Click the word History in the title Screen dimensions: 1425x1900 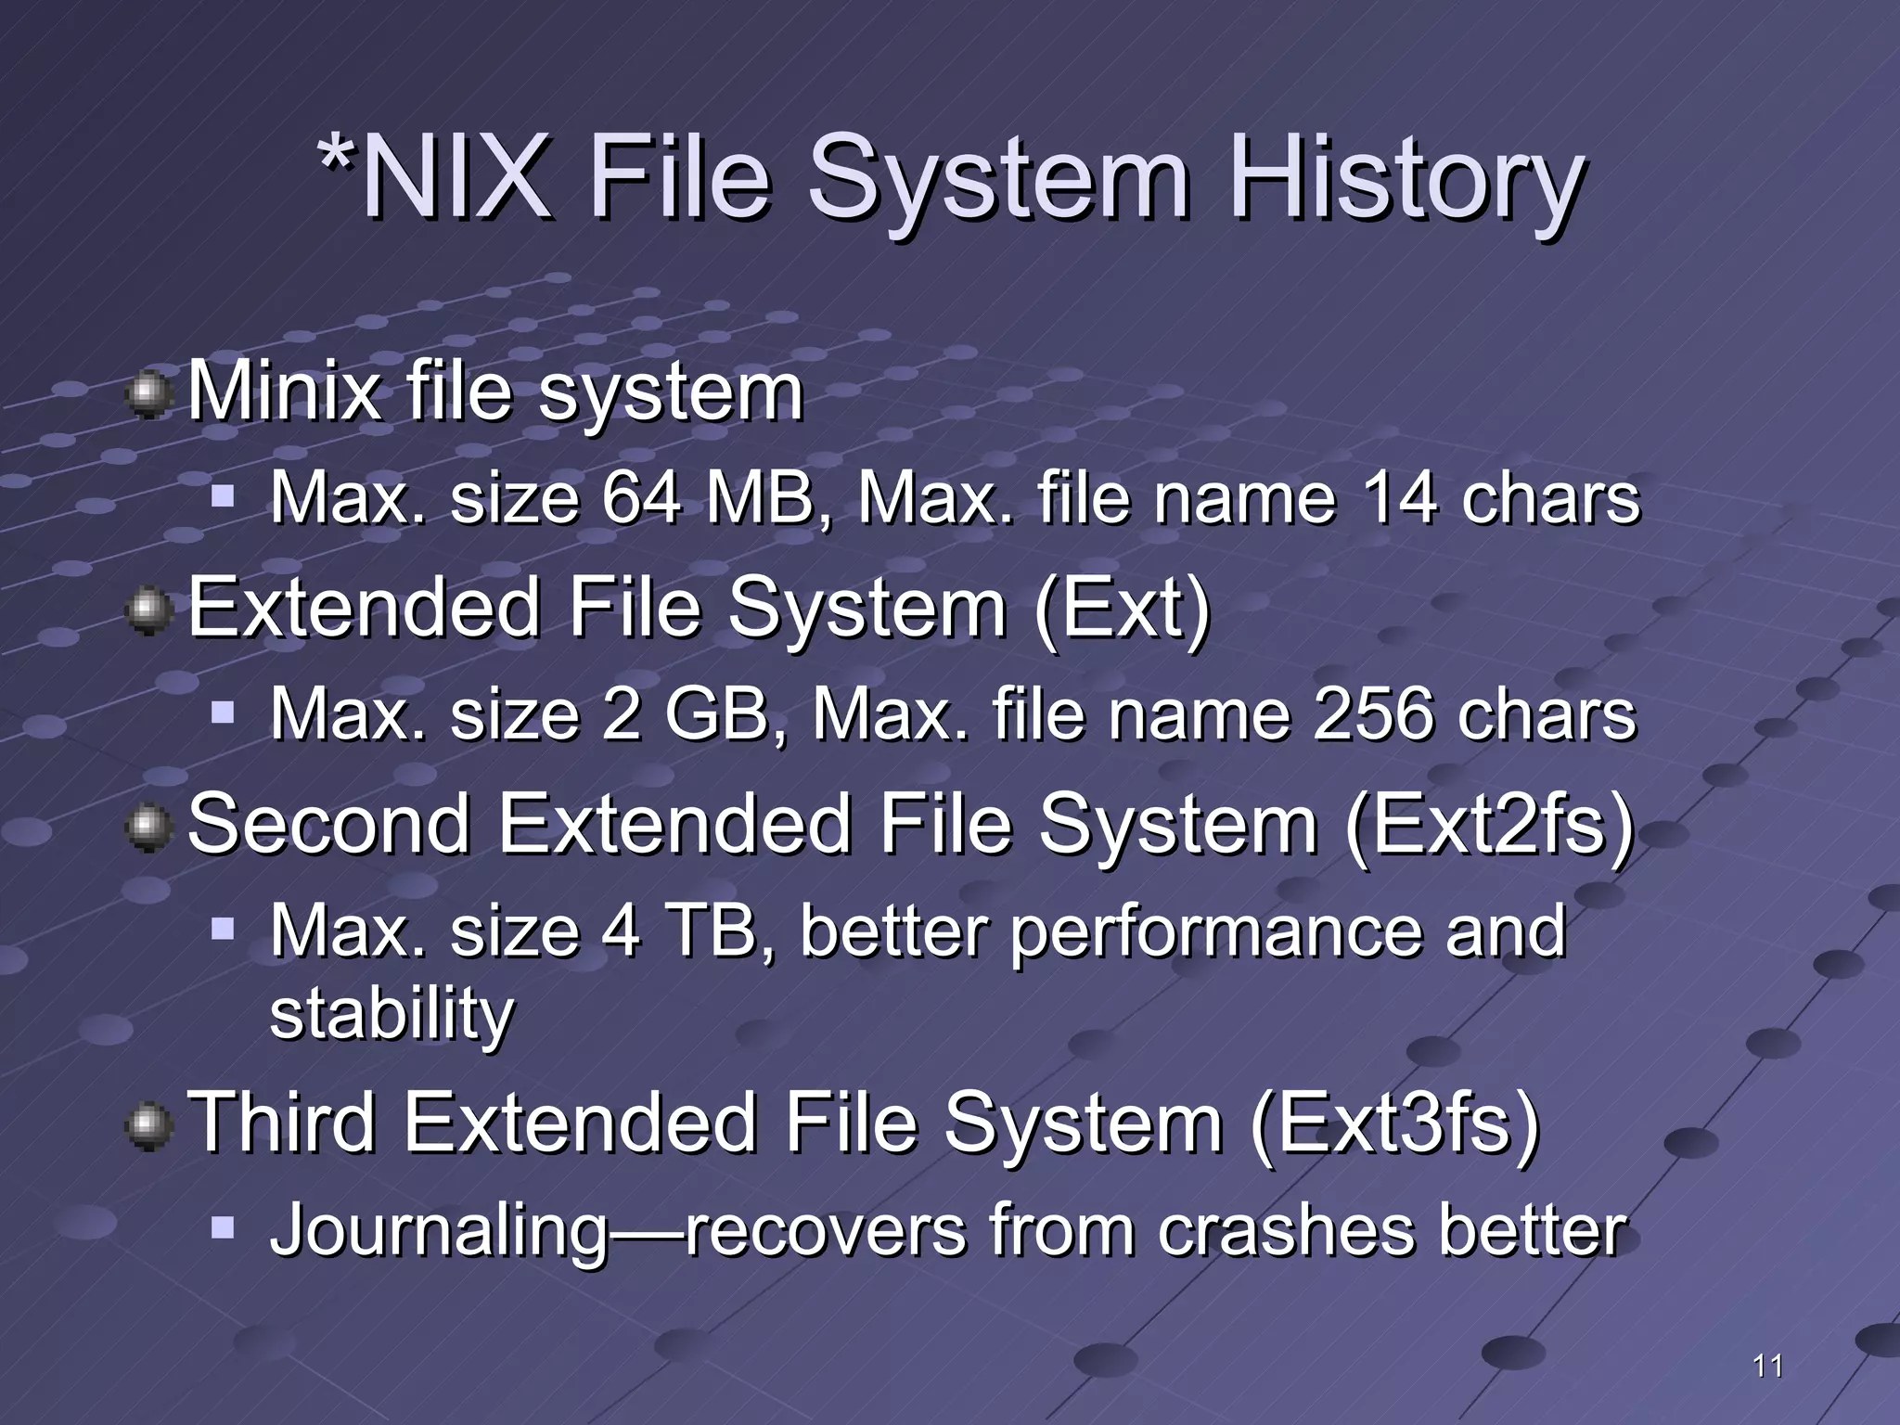click(x=1406, y=178)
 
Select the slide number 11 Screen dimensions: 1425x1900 click(x=1768, y=1366)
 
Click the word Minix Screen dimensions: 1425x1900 click(x=284, y=392)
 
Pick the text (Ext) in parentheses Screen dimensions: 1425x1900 click(x=1123, y=609)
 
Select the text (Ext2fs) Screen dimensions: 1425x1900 click(x=1489, y=824)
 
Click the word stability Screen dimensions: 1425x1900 click(x=392, y=1013)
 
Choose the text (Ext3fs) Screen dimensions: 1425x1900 click(x=1394, y=1123)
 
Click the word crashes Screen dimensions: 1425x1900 click(x=1286, y=1231)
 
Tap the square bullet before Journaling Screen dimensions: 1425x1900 click(x=223, y=1228)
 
